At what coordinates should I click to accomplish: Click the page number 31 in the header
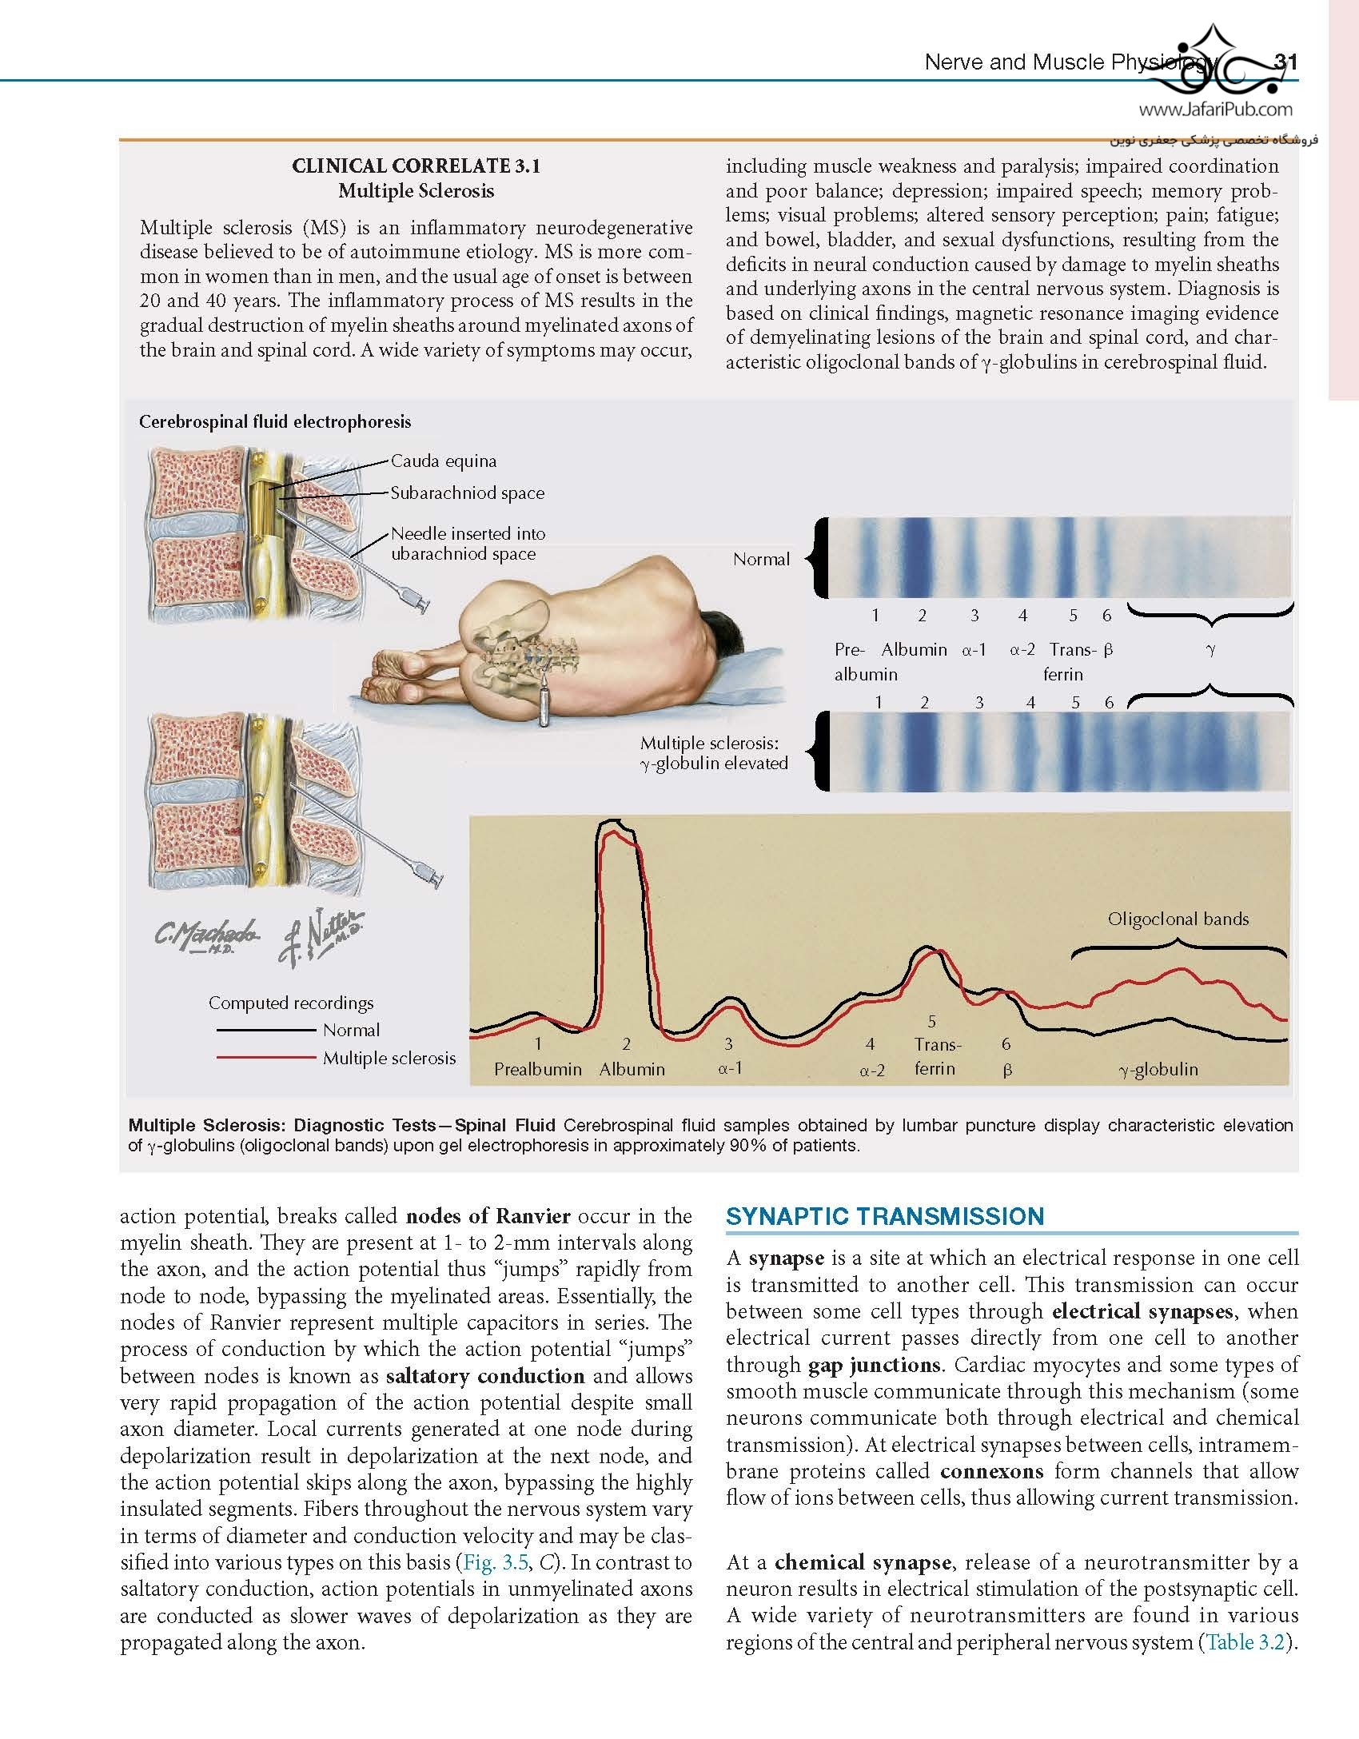[1285, 62]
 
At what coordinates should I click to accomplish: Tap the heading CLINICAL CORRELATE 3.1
[416, 166]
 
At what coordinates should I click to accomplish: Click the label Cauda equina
[443, 461]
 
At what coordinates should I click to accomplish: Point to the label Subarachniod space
[467, 493]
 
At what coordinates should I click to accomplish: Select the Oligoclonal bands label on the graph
[1178, 919]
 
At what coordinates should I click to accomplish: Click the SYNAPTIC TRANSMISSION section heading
[884, 1216]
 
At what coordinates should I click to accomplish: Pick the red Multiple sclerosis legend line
[265, 1057]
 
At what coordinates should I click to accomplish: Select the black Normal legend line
[265, 1030]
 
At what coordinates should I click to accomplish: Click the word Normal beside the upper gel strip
[761, 560]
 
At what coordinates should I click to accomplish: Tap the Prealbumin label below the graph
[537, 1069]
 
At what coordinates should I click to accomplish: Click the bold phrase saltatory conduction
[485, 1376]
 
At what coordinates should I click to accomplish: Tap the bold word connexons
[991, 1471]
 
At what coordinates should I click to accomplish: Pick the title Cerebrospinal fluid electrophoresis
[275, 422]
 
